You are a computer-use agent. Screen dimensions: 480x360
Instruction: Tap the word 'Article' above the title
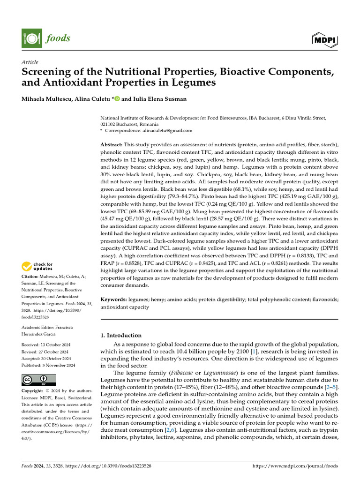click(x=30, y=62)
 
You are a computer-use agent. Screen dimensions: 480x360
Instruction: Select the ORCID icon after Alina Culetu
click(x=117, y=98)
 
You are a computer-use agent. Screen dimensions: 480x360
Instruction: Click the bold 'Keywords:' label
click(x=113, y=299)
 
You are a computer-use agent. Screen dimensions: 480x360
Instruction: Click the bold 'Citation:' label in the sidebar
click(x=32, y=277)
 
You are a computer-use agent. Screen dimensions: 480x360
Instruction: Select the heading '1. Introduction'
click(x=121, y=336)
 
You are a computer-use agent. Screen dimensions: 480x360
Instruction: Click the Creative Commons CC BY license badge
click(x=38, y=379)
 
